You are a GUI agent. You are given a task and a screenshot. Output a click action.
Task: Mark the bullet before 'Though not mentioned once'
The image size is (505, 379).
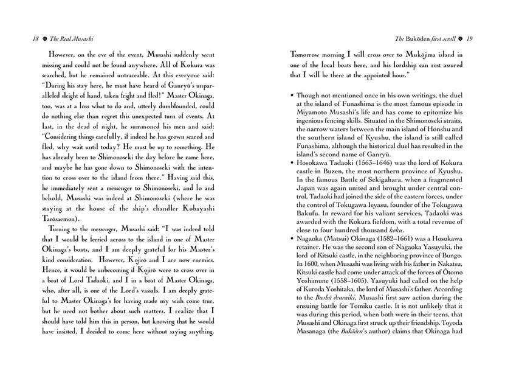(x=293, y=96)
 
